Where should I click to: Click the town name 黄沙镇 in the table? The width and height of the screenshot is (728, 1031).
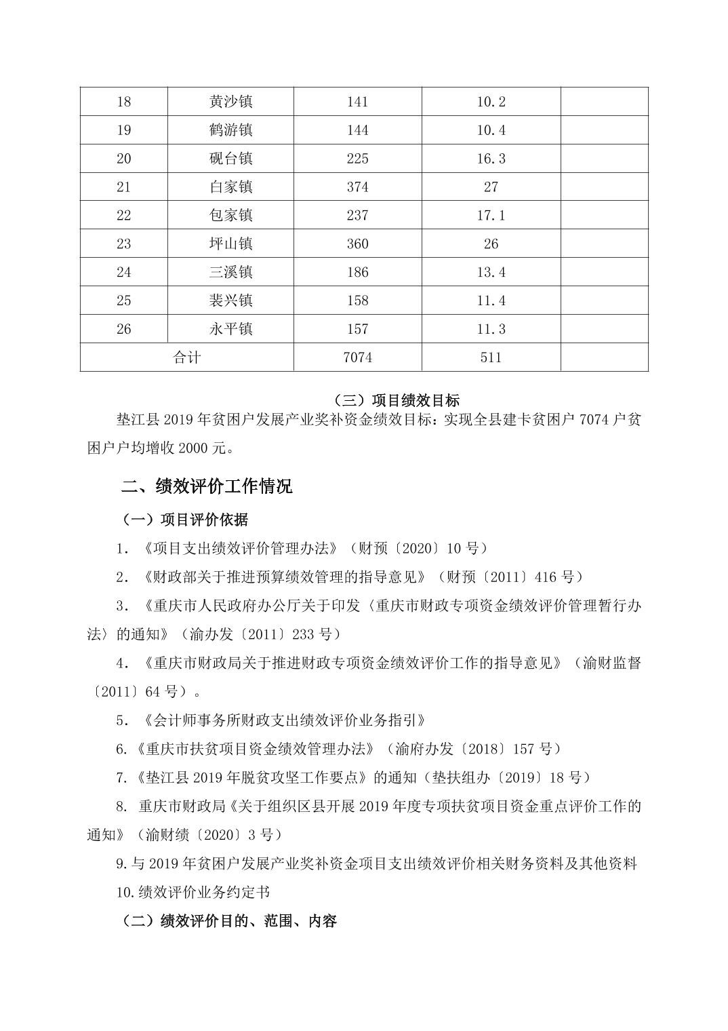point(230,102)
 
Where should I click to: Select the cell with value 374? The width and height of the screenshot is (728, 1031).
point(357,187)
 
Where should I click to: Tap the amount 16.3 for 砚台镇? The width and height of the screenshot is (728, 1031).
point(491,159)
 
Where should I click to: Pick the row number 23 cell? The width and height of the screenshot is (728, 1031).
point(123,244)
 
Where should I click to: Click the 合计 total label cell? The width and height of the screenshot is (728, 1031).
point(186,357)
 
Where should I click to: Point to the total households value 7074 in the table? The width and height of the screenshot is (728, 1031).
point(357,357)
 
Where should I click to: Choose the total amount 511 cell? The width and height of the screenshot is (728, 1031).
point(491,357)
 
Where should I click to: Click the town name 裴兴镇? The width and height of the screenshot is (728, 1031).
point(230,300)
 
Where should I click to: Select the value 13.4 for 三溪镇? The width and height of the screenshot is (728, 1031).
point(491,273)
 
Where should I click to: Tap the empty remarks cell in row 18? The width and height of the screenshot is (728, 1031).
point(604,102)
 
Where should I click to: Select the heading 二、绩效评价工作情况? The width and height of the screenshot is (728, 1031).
point(207,486)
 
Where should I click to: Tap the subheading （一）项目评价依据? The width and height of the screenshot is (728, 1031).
point(184,520)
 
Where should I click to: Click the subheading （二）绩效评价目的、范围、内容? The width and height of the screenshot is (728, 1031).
point(228,921)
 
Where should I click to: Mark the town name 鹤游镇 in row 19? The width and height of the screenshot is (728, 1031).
point(230,130)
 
